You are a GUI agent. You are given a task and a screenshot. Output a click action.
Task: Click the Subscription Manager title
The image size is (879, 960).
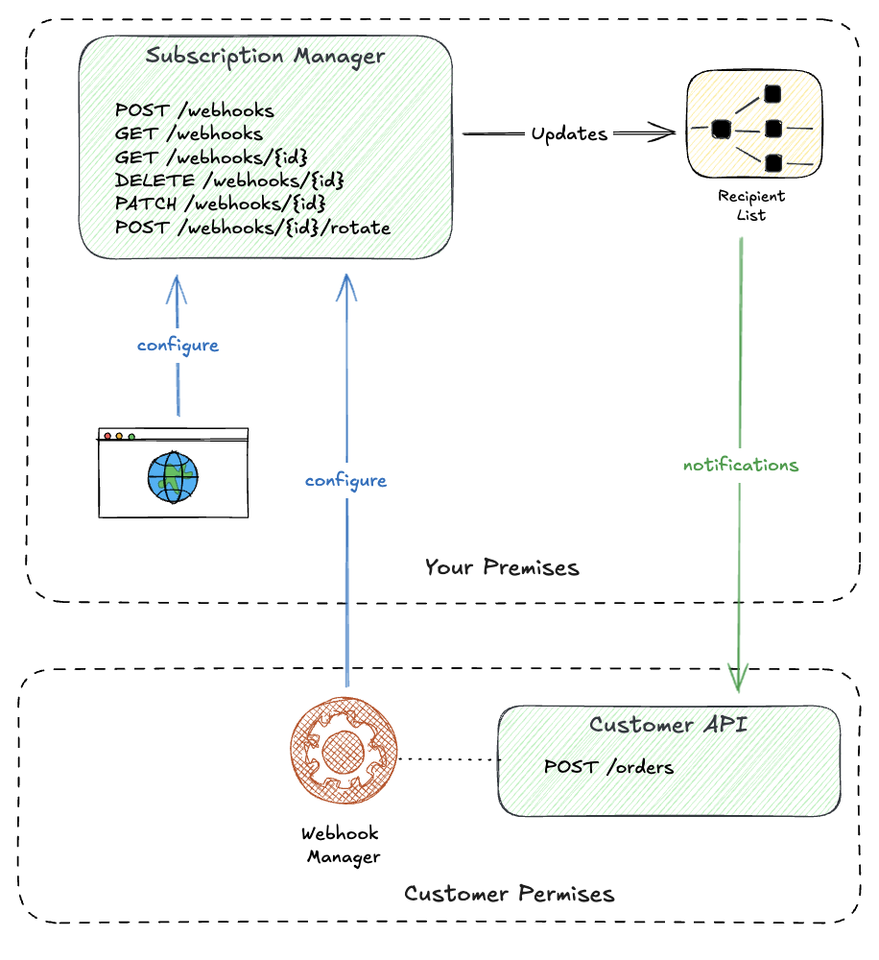pos(265,56)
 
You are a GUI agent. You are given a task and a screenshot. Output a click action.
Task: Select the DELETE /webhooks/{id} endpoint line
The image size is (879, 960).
pos(228,180)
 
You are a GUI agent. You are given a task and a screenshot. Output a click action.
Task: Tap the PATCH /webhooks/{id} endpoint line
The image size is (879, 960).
pos(221,204)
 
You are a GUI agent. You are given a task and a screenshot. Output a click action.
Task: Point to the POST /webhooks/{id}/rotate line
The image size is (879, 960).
pos(252,228)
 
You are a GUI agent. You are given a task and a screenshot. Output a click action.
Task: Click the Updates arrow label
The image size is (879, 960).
pos(570,134)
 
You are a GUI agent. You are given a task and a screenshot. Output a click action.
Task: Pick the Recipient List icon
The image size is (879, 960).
pos(753,128)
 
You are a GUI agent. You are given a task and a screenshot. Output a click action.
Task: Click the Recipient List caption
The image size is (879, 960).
pos(752,205)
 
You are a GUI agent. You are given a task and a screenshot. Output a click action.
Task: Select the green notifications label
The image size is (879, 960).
pos(740,466)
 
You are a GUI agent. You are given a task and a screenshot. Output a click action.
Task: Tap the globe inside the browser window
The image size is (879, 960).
pos(174,475)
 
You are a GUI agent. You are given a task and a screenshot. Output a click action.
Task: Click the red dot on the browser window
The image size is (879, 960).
pos(107,436)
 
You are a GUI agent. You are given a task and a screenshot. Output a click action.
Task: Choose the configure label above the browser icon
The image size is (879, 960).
pos(178,346)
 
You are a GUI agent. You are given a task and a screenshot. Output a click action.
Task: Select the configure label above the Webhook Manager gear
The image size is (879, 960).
pos(345,481)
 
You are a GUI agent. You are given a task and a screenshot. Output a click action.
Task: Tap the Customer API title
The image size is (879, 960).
pos(669,724)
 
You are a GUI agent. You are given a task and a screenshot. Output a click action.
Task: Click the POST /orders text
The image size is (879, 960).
pos(608,767)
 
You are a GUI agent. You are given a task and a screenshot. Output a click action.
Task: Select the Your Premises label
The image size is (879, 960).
pos(502,567)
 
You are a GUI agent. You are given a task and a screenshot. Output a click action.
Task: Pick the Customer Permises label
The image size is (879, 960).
pos(509,895)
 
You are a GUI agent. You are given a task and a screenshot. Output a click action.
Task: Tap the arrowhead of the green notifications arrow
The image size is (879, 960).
pos(739,679)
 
